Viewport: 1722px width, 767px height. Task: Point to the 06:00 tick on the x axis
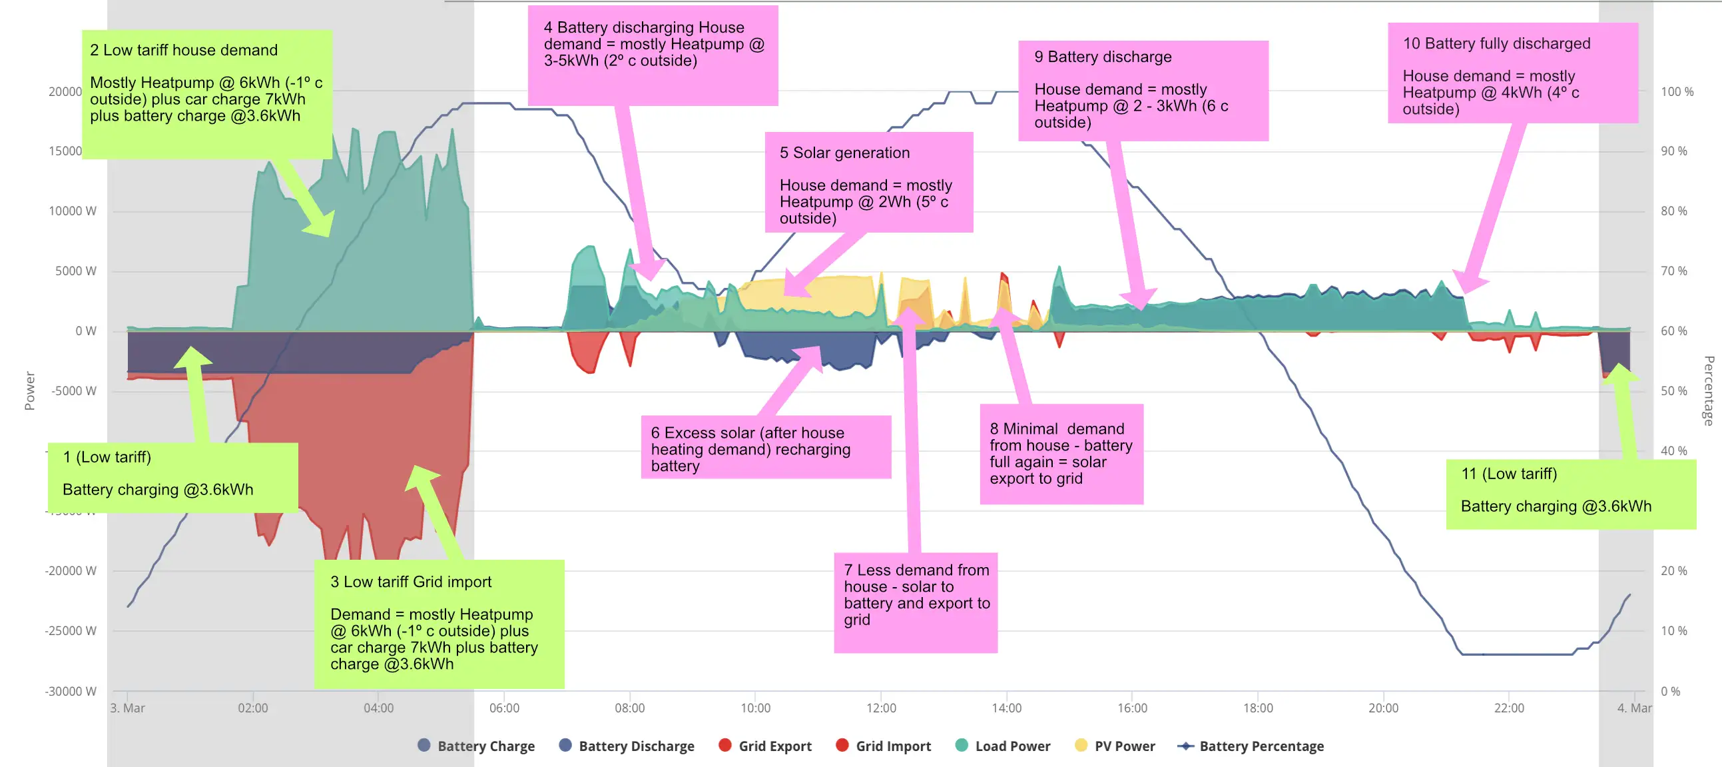point(504,708)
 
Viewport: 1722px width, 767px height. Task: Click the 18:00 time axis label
point(1257,708)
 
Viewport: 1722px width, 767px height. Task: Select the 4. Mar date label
point(1633,708)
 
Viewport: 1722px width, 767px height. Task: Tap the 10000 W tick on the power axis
point(72,211)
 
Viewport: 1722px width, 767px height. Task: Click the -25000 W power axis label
point(71,630)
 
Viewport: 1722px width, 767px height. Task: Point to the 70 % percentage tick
point(1674,271)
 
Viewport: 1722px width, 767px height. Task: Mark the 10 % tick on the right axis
point(1674,630)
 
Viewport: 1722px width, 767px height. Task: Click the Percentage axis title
point(1709,391)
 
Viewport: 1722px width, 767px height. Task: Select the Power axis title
point(29,390)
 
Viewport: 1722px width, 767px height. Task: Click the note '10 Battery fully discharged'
point(1512,73)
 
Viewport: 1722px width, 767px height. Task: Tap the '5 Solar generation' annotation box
point(868,182)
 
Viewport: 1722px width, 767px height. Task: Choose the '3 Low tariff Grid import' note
point(439,623)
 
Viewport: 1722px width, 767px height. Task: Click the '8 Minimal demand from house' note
point(1061,454)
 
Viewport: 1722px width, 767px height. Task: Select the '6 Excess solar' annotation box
point(765,447)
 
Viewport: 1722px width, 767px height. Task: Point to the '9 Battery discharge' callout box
point(1143,90)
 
